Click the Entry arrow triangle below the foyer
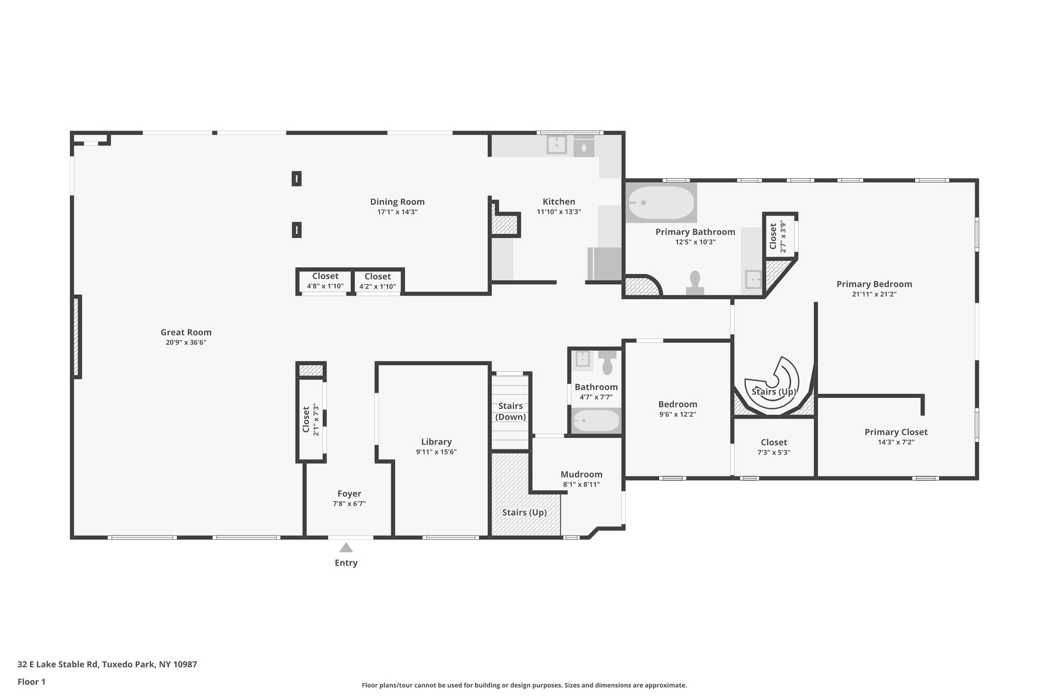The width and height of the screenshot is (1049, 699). [x=346, y=547]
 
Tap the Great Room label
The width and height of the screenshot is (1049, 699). [x=186, y=332]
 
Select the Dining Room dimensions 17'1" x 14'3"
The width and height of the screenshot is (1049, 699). [x=397, y=212]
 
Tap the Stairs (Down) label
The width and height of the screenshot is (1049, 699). [x=511, y=411]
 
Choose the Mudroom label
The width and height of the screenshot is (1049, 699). [x=581, y=474]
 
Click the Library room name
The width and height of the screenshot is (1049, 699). [x=436, y=442]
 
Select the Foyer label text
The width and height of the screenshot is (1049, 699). [x=349, y=494]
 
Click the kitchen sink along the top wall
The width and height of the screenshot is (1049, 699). [x=557, y=145]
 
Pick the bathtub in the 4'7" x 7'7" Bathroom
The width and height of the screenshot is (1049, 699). [x=596, y=421]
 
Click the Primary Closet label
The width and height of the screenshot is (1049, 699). [x=896, y=432]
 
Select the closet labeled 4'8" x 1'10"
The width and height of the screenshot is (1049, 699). [x=325, y=281]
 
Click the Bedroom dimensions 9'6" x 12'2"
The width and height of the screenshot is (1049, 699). [x=678, y=414]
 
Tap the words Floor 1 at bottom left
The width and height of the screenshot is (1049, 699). [x=32, y=682]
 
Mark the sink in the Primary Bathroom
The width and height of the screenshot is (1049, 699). [x=753, y=280]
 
